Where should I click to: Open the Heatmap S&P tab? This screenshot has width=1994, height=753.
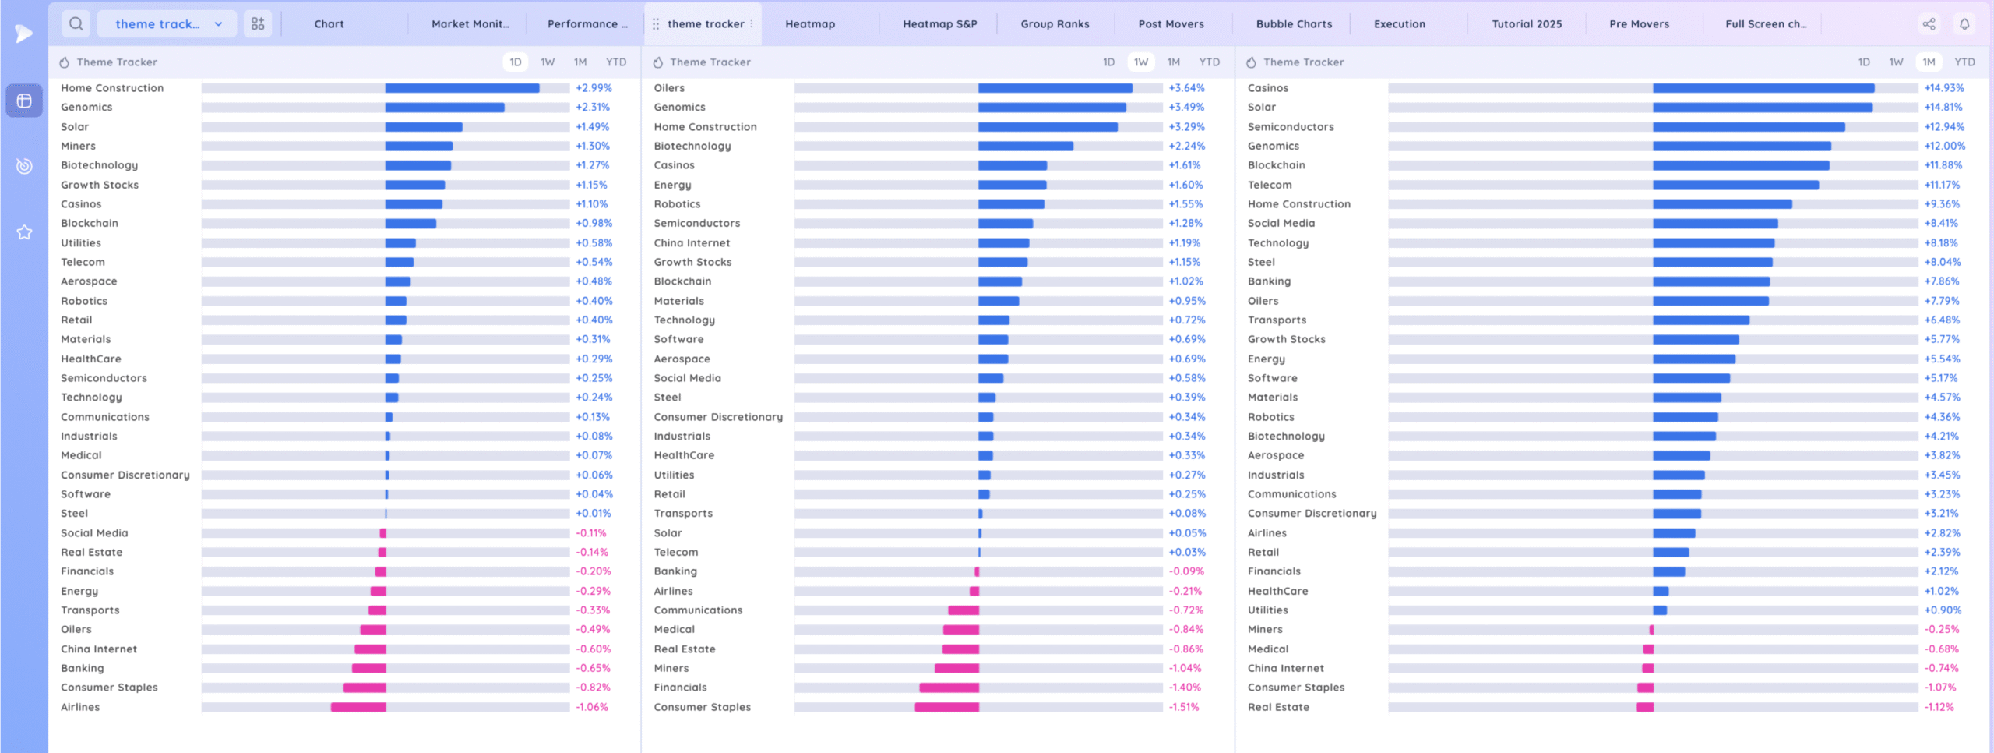click(939, 24)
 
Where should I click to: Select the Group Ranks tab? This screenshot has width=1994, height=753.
click(1055, 24)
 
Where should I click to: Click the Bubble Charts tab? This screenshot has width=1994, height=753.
click(1294, 24)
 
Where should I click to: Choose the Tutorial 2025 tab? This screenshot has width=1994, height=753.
click(1527, 24)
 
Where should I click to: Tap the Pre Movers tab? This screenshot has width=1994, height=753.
click(1639, 24)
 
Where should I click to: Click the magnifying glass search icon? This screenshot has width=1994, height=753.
click(76, 24)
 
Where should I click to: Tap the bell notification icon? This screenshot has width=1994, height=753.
click(1964, 24)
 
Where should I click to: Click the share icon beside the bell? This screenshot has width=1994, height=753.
click(1929, 24)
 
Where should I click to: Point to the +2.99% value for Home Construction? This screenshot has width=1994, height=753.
click(594, 88)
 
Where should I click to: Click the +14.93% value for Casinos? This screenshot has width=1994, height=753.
click(1944, 88)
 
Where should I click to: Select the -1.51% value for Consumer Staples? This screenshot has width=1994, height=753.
click(1184, 707)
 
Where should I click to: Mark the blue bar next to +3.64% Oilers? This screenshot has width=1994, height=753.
click(1055, 88)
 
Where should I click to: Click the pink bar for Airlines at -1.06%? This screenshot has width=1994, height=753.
click(358, 707)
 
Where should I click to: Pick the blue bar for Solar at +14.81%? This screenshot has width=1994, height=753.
click(1763, 108)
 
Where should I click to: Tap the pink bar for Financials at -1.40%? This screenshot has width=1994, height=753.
click(949, 688)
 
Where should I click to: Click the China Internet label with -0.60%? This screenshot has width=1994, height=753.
click(99, 649)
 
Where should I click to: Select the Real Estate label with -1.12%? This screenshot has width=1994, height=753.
click(1278, 707)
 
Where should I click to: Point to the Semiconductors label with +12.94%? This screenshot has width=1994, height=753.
click(1291, 127)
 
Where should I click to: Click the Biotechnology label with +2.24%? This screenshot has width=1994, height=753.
click(692, 147)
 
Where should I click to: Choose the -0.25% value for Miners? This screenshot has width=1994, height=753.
click(1941, 630)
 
